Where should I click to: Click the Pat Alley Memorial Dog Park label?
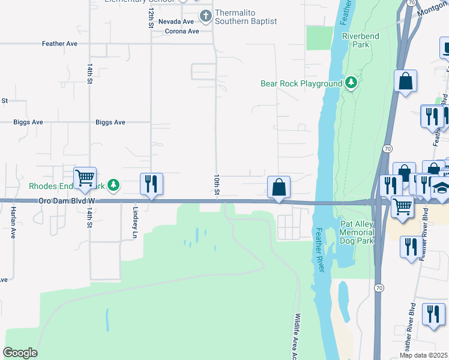point(357,232)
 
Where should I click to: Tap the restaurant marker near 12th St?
point(151,184)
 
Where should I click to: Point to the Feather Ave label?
point(59,44)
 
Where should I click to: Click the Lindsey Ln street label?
point(135,222)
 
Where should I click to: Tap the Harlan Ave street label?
point(13,223)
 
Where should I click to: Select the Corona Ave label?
point(182,31)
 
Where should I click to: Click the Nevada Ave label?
point(176,22)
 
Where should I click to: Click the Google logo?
point(20,353)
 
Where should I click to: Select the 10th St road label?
point(217,185)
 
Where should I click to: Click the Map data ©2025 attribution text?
point(423,355)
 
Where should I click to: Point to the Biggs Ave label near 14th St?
point(110,122)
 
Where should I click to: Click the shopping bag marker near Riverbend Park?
point(406,82)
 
